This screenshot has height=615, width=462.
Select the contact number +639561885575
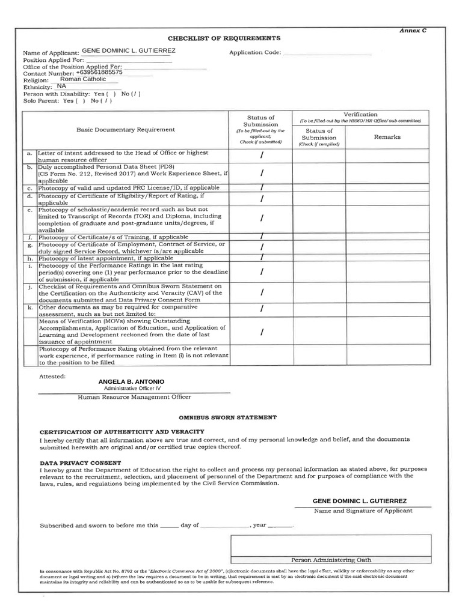tap(99, 72)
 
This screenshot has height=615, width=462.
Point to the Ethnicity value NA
tap(61, 86)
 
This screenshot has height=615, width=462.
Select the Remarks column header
tap(387, 137)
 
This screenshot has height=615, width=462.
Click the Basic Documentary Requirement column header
tap(126, 129)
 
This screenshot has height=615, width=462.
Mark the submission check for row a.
tap(262, 156)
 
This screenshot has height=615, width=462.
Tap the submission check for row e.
tap(262, 218)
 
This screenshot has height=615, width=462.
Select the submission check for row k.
tap(262, 309)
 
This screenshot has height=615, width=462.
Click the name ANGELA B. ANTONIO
tap(131, 382)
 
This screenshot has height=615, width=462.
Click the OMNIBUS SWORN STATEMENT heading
tap(227, 417)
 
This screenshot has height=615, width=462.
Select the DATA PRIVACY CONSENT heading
tap(80, 463)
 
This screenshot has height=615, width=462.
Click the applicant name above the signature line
tap(359, 501)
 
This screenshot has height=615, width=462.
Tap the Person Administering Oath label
tap(330, 559)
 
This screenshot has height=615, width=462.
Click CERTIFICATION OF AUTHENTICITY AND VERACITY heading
tap(122, 432)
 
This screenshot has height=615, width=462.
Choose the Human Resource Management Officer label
tap(134, 397)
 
